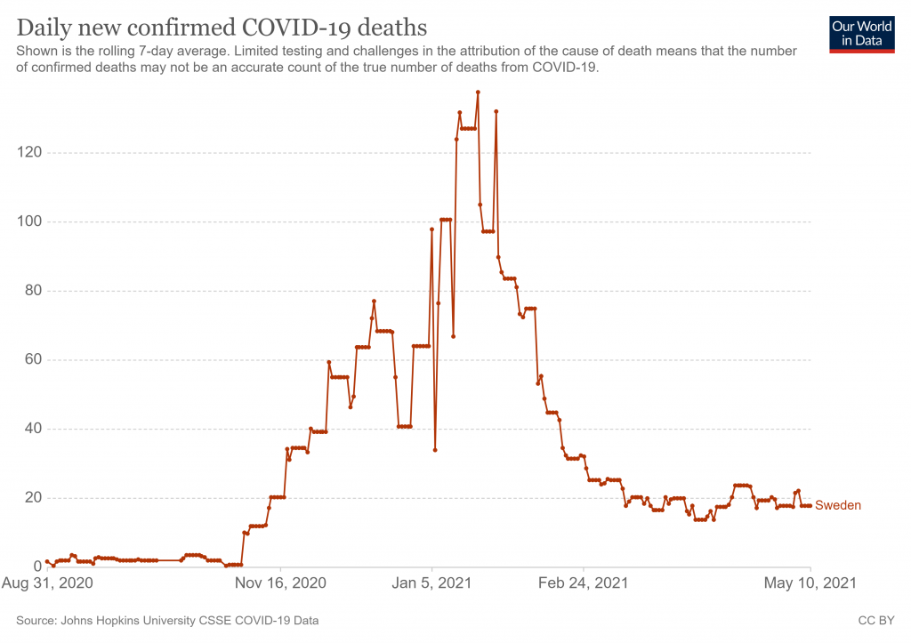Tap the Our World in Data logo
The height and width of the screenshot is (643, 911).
(861, 34)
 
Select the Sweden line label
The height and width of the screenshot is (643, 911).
(838, 505)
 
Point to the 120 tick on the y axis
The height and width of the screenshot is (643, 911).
(30, 153)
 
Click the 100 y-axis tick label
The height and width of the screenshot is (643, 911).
(30, 221)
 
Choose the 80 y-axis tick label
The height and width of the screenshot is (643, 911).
(34, 291)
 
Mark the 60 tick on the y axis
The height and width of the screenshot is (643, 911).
(34, 360)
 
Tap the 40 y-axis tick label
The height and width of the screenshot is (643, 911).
(34, 429)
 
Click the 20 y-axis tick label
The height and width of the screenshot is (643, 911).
(34, 498)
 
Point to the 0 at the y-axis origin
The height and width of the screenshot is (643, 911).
(37, 567)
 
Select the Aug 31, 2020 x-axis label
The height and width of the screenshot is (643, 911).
(48, 583)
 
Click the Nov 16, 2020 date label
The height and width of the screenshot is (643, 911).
(281, 583)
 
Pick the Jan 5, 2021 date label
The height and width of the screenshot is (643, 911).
(432, 583)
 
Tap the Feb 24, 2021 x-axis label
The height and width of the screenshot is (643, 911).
(584, 583)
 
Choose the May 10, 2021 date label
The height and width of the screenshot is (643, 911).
(810, 583)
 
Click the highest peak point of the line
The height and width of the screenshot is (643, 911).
(478, 92)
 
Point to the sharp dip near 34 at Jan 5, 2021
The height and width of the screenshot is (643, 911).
(435, 450)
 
